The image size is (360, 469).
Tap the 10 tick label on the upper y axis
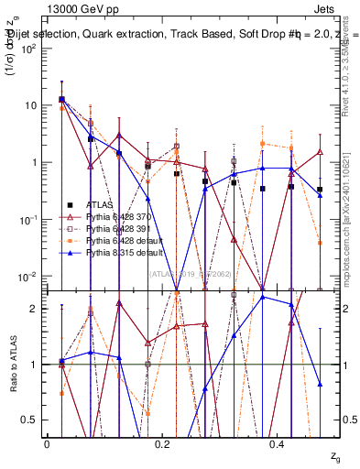coord(31,105)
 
